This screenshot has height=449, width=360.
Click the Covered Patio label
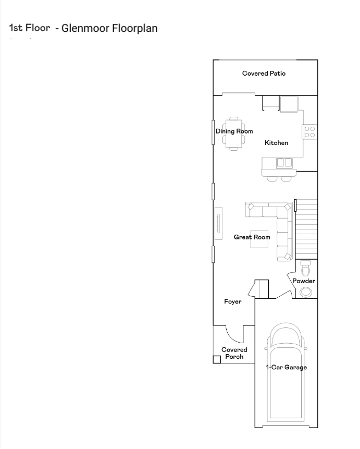click(264, 74)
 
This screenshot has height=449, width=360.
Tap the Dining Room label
click(234, 131)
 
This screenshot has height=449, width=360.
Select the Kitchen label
click(276, 142)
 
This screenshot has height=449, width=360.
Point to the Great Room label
click(252, 237)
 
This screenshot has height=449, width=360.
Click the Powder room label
click(304, 281)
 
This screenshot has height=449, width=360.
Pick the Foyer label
click(233, 301)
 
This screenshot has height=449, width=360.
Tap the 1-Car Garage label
click(286, 367)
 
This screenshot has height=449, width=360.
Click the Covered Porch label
click(234, 353)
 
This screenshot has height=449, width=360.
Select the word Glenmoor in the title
click(85, 28)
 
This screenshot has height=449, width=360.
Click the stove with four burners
click(309, 132)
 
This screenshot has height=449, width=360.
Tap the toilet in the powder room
click(305, 268)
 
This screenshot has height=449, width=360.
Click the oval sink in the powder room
click(306, 292)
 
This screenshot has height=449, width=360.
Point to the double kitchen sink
click(284, 163)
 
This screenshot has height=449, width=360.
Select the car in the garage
click(285, 372)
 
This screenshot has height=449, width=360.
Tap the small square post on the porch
click(217, 359)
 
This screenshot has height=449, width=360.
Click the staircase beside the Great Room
click(306, 229)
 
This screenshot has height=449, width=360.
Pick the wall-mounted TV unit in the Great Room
click(219, 223)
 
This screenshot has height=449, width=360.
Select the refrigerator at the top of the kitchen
click(289, 104)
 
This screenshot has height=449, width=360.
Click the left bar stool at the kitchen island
click(272, 179)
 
